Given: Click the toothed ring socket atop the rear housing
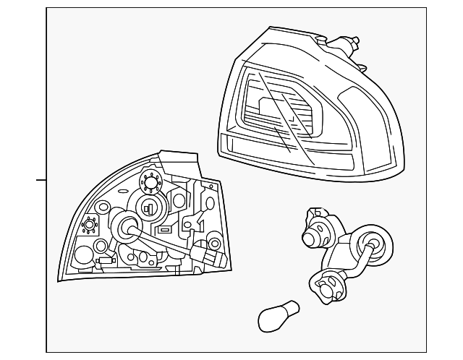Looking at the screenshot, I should click(151, 181).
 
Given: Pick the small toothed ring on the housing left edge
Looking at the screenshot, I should click(91, 226).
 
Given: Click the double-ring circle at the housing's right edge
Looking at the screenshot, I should click(215, 241).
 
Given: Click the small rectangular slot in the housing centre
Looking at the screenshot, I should click(165, 229).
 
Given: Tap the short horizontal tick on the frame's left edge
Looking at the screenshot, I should click(41, 179).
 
